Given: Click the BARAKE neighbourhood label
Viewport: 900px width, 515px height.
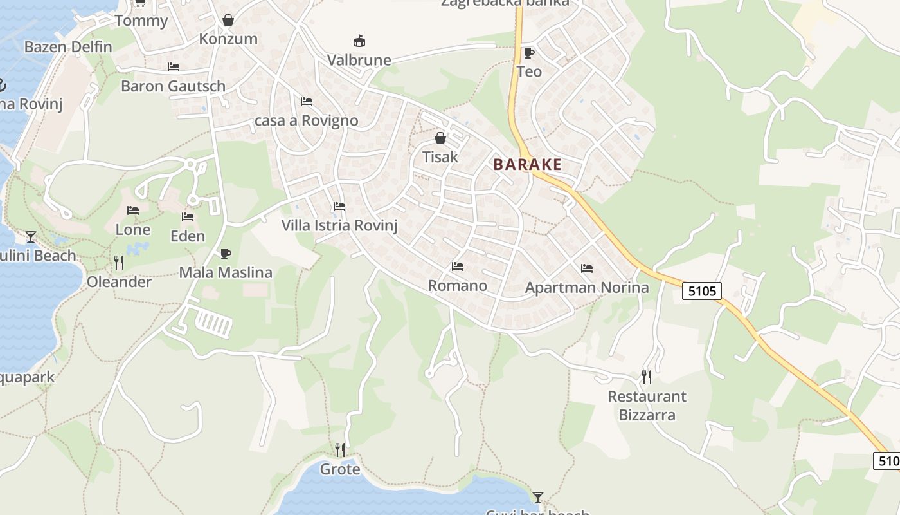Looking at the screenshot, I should point(527,164).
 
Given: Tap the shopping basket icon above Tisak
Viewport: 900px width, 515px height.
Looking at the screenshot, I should point(440,138).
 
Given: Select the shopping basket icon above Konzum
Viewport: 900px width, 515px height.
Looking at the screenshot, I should point(228,20).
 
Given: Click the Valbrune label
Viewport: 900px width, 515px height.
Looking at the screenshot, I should point(359,60).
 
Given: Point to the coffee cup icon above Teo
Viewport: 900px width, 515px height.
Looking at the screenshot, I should point(528,53).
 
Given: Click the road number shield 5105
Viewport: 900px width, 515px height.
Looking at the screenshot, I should point(701,291).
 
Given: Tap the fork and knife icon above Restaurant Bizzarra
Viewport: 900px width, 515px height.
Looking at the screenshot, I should point(647,377).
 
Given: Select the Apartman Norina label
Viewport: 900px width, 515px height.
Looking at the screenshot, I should point(587,287).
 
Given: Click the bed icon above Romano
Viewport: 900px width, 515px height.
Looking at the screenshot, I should point(458,266).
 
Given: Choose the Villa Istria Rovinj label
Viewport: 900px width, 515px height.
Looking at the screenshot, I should point(339,225).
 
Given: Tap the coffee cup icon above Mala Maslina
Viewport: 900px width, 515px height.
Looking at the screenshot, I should point(225,254).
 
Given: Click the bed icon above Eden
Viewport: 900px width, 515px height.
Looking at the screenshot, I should point(188,217).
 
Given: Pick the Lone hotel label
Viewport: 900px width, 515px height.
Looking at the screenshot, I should point(133,229).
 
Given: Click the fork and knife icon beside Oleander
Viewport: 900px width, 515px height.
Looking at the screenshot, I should point(119,262).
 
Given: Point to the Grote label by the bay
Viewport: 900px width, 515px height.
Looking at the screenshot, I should point(340,469).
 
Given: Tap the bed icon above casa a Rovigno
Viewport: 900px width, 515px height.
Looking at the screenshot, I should point(307,102).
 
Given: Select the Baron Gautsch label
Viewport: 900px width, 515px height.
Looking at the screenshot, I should point(173,86).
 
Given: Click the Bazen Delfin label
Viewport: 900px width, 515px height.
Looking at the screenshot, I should point(68,47).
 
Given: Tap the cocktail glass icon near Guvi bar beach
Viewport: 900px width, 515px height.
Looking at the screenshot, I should point(538,497).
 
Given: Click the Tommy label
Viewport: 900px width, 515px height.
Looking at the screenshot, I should point(141,21).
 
